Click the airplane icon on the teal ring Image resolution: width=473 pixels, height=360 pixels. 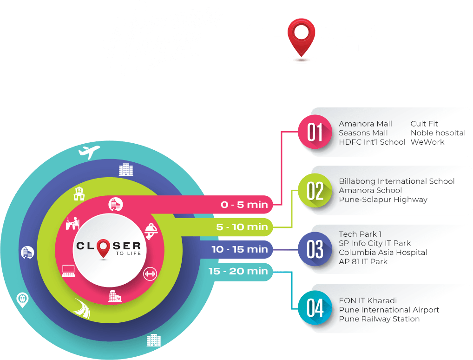[90, 151]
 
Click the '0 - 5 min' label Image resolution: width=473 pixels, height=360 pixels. [244, 205]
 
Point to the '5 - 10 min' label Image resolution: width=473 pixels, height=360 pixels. [242, 227]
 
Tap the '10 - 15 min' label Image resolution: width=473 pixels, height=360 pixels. [239, 249]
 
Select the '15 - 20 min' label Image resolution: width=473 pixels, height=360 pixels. [238, 271]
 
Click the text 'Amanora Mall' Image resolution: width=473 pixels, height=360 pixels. [365, 124]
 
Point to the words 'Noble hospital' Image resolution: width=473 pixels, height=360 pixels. [438, 133]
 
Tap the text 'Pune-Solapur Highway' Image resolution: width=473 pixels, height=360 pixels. [383, 200]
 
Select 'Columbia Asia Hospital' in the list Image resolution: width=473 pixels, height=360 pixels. [383, 253]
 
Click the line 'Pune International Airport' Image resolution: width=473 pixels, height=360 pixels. [389, 310]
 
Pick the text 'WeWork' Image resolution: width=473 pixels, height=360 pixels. [427, 142]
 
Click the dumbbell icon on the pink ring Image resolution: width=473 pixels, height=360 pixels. [150, 273]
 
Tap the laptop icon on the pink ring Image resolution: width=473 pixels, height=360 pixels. [69, 270]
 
